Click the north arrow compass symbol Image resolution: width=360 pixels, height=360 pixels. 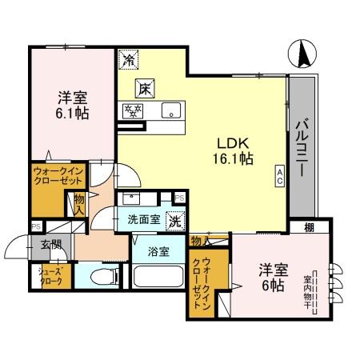(x=303, y=54)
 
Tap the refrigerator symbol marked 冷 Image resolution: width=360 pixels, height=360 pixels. (x=128, y=58)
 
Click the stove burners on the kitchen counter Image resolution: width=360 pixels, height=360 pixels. (x=132, y=110)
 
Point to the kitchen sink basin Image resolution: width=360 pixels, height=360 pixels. (x=170, y=110)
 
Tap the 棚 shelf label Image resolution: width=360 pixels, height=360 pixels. (x=309, y=228)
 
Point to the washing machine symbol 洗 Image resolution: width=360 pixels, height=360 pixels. (x=174, y=220)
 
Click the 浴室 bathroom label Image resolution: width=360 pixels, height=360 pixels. (x=158, y=251)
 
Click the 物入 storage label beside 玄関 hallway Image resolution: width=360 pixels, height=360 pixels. (x=79, y=203)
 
